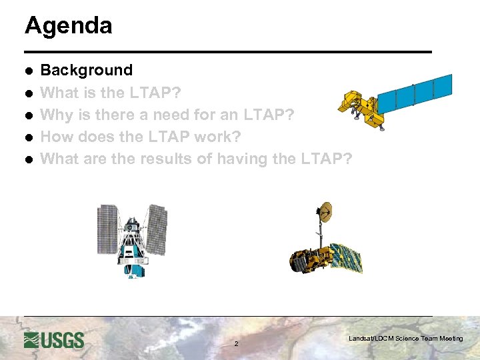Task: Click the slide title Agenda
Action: coord(68,26)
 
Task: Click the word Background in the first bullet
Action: coord(87,70)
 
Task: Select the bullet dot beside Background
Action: coord(29,71)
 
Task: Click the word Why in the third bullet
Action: coord(57,115)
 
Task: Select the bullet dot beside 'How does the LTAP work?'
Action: coord(29,137)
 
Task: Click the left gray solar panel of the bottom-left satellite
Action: coord(108,227)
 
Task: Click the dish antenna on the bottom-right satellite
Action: coord(326,211)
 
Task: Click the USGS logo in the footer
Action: coord(54,339)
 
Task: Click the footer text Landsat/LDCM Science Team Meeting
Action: coord(405,339)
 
